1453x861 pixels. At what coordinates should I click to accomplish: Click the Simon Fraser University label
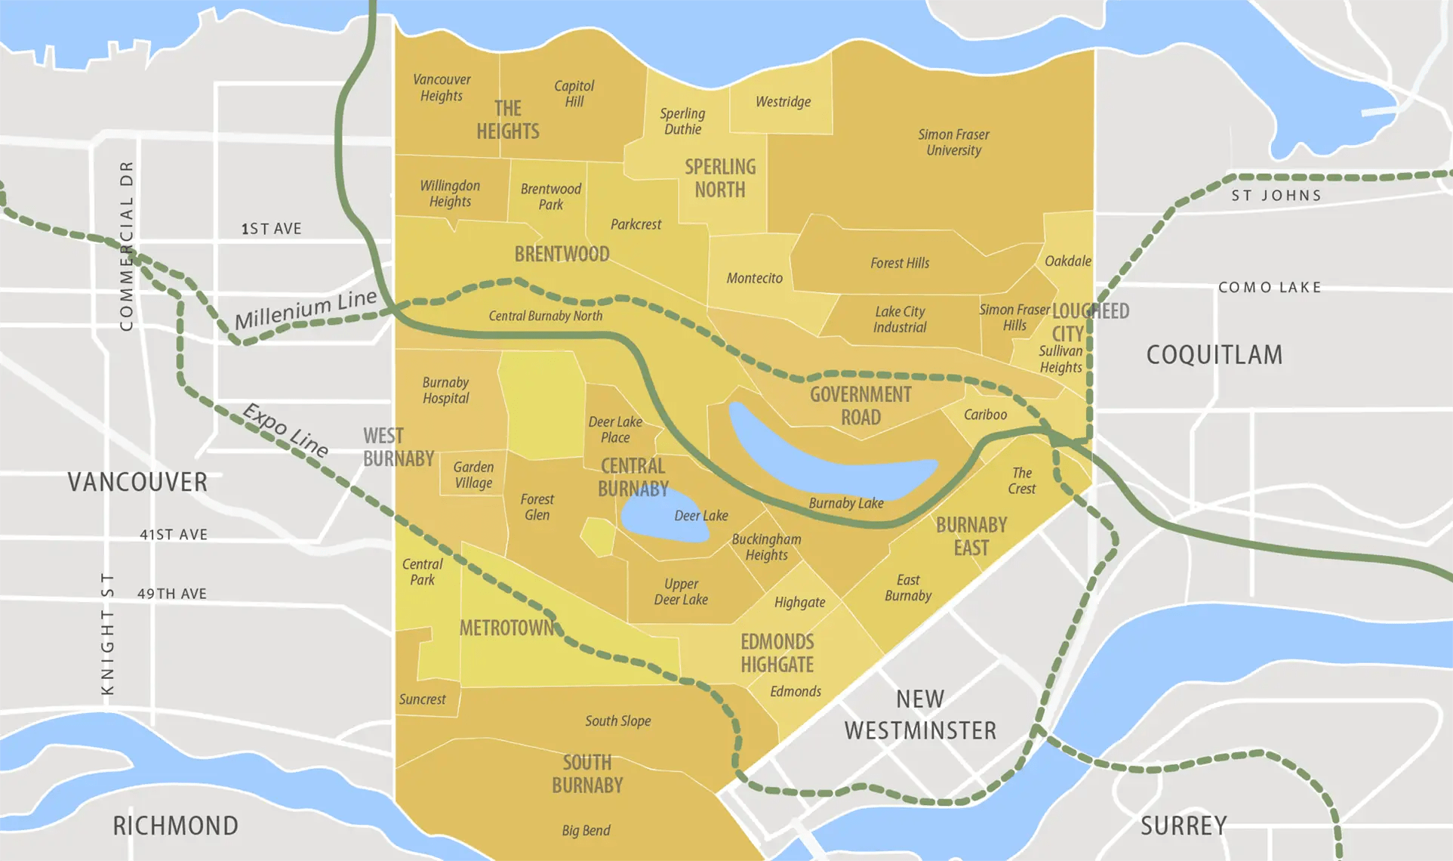pos(953,142)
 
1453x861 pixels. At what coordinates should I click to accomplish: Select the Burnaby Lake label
pos(845,503)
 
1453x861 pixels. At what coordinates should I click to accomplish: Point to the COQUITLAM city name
pos(1214,355)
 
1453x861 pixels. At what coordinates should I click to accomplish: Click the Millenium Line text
pos(305,309)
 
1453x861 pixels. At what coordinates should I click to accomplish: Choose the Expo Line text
pos(285,430)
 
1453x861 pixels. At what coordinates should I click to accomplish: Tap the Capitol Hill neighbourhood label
pos(574,94)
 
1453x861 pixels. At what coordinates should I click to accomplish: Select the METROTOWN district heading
pos(506,628)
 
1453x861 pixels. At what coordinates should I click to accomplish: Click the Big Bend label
pos(586,830)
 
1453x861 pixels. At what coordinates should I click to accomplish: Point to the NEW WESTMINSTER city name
pos(920,714)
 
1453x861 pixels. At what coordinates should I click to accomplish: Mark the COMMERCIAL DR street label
pos(127,245)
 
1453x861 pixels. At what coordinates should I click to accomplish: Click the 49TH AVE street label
pos(172,594)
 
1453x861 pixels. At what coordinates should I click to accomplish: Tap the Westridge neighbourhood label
pos(783,102)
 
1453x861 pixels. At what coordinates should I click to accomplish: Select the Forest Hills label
pos(900,263)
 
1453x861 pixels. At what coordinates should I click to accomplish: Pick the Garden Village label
pos(473,475)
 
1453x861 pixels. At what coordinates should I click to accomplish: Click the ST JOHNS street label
pos(1276,196)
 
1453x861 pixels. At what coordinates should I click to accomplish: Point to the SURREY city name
pos(1183,826)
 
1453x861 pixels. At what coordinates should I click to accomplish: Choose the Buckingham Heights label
pos(766,547)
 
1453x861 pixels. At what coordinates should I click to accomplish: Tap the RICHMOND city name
pos(175,826)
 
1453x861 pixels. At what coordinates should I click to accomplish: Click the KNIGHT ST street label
pos(108,634)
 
